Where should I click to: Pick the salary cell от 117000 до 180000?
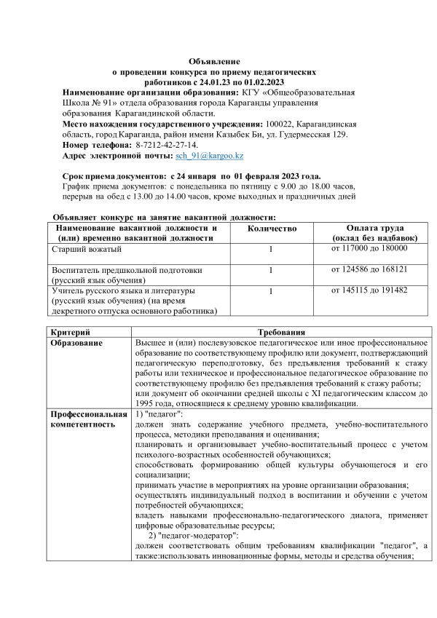(x=369, y=248)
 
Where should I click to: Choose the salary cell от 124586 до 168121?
(x=369, y=269)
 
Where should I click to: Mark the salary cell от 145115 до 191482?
(x=369, y=290)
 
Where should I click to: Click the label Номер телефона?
(x=95, y=146)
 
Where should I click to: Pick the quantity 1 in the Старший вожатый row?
(x=270, y=250)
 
